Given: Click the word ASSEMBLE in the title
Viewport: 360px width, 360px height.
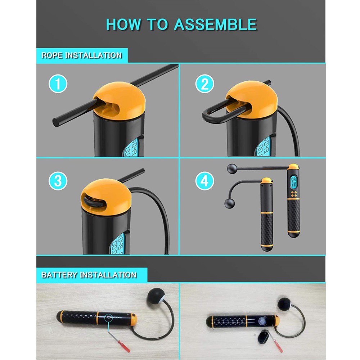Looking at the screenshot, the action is [215, 24].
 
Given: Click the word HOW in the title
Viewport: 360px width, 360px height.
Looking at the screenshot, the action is [123, 24].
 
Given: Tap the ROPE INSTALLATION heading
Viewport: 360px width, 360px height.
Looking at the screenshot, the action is [81, 55].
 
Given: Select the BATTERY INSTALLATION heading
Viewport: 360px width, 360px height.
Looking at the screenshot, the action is [89, 275].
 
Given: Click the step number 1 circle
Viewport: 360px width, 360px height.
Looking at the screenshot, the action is [58, 84].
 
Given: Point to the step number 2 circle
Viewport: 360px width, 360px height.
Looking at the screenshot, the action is [204, 84].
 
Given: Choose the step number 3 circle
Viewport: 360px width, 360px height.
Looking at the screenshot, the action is [58, 181].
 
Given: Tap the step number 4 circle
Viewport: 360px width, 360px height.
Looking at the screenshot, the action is [204, 181].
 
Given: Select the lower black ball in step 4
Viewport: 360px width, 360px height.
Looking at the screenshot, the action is [230, 203].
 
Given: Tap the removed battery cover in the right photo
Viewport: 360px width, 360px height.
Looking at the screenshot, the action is [264, 337].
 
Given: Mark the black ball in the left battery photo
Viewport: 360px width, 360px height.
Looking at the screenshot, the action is [156, 296].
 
